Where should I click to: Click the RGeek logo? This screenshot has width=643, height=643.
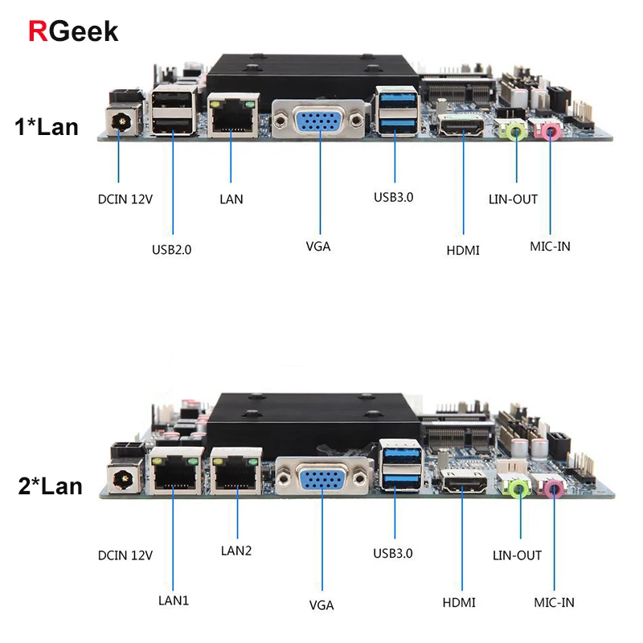(x=73, y=31)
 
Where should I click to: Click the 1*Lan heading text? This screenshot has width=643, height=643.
(x=47, y=126)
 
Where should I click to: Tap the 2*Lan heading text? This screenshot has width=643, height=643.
(x=50, y=485)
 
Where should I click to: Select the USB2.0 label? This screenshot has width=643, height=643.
(x=172, y=249)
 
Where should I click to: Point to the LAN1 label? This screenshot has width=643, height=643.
(x=174, y=600)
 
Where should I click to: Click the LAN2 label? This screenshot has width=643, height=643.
(x=236, y=551)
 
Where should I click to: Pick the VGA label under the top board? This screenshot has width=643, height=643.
(x=318, y=246)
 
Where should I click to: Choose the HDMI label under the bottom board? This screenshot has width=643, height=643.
(x=459, y=602)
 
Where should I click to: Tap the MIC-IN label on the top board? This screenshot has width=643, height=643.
(x=551, y=246)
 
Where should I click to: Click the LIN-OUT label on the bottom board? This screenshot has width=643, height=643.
(x=517, y=555)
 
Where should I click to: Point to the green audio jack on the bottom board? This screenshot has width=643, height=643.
(x=515, y=485)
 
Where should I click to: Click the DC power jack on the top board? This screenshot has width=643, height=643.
(x=121, y=121)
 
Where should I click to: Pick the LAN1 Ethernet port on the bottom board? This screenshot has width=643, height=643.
(x=174, y=474)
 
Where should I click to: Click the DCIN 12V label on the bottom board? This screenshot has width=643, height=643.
(x=125, y=555)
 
